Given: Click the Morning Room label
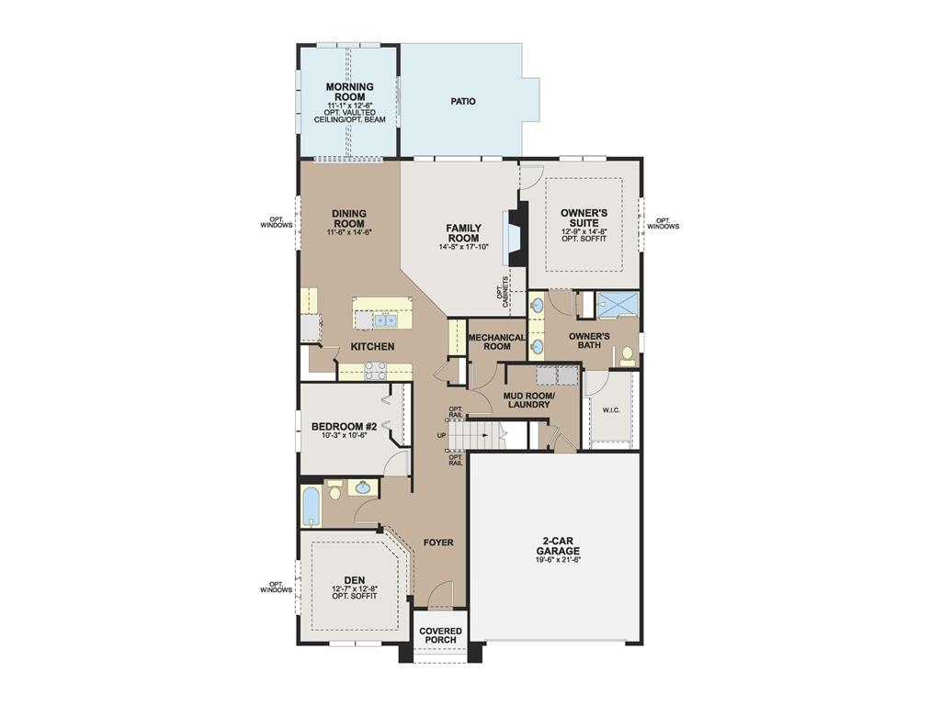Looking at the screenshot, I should click(x=349, y=92).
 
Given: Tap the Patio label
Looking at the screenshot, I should click(x=463, y=101).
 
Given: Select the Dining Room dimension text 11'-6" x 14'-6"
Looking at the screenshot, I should click(x=349, y=233).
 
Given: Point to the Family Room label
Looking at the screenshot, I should click(x=463, y=232).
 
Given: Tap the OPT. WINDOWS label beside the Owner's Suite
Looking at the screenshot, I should click(x=663, y=223).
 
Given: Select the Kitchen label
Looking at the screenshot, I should click(x=372, y=347).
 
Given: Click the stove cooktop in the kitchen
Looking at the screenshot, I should click(x=375, y=371).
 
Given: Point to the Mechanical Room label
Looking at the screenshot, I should click(x=496, y=341).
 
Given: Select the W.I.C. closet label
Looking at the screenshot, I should click(x=612, y=410).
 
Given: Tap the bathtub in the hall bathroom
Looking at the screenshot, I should click(x=311, y=506).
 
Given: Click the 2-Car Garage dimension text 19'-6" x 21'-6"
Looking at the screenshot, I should click(x=559, y=559).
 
